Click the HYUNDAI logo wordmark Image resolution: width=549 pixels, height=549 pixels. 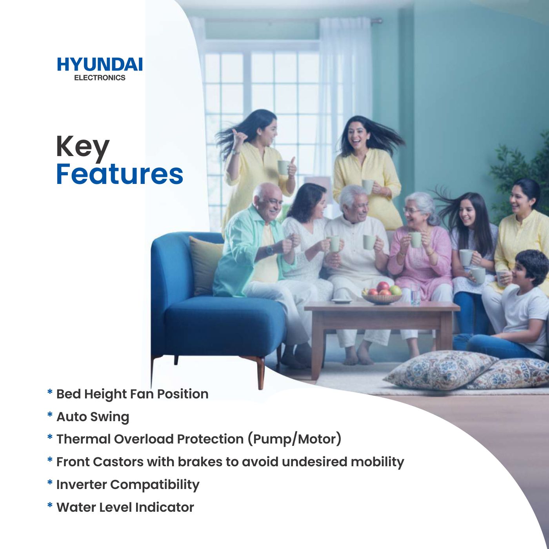coord(100,65)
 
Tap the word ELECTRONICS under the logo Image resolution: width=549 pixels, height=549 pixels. coord(100,78)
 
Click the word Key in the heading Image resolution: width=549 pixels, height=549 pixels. coord(82,147)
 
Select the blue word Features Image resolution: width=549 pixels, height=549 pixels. coord(120,174)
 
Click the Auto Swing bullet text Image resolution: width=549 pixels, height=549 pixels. coord(93,416)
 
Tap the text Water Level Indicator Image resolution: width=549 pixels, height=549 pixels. coord(125,507)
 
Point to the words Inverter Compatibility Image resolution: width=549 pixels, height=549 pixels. coord(128,484)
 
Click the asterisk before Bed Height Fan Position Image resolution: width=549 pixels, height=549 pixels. coord(50,393)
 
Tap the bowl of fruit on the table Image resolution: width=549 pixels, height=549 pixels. coord(382,294)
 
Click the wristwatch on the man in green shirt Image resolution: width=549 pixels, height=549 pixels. coord(269,249)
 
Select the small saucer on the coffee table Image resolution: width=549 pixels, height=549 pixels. coord(342,301)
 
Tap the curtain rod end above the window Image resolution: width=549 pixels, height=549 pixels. coord(378,20)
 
